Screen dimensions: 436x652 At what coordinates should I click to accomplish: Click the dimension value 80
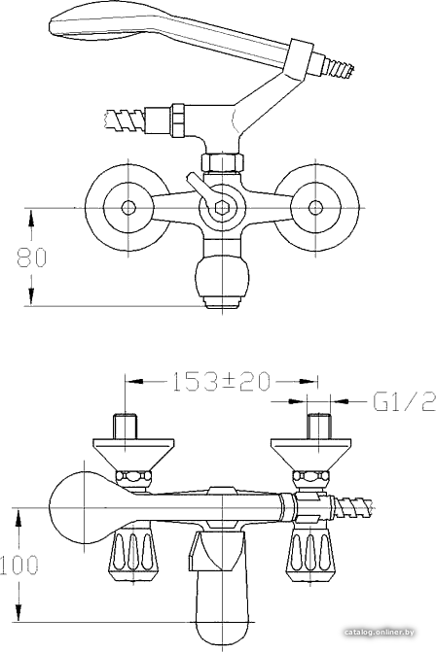click(32, 257)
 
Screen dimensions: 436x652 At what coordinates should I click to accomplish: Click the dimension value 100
click(19, 565)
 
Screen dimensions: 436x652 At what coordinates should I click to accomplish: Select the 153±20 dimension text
click(221, 382)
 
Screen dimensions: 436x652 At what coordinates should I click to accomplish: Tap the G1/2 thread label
click(404, 401)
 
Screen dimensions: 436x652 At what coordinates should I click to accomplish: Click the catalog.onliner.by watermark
click(380, 633)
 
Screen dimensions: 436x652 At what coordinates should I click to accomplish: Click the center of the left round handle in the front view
click(127, 207)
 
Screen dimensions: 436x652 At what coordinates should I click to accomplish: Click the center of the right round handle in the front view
click(316, 207)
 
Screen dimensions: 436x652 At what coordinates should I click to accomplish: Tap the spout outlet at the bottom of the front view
click(223, 302)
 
